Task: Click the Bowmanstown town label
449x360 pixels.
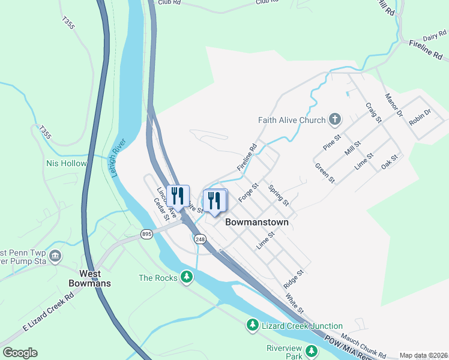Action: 256,222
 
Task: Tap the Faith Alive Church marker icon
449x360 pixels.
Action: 335,120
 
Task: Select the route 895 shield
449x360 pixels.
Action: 147,234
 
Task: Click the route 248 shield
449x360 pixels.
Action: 200,239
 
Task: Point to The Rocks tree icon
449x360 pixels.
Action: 187,277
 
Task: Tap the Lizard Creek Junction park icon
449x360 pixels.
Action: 253,325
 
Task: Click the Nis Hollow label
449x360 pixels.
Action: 67,163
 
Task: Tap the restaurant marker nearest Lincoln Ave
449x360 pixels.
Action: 178,195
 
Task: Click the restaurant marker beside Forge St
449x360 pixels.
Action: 213,200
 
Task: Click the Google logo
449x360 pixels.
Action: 20,353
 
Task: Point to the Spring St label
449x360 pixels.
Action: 279,194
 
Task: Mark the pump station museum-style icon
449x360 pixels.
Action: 55,256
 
